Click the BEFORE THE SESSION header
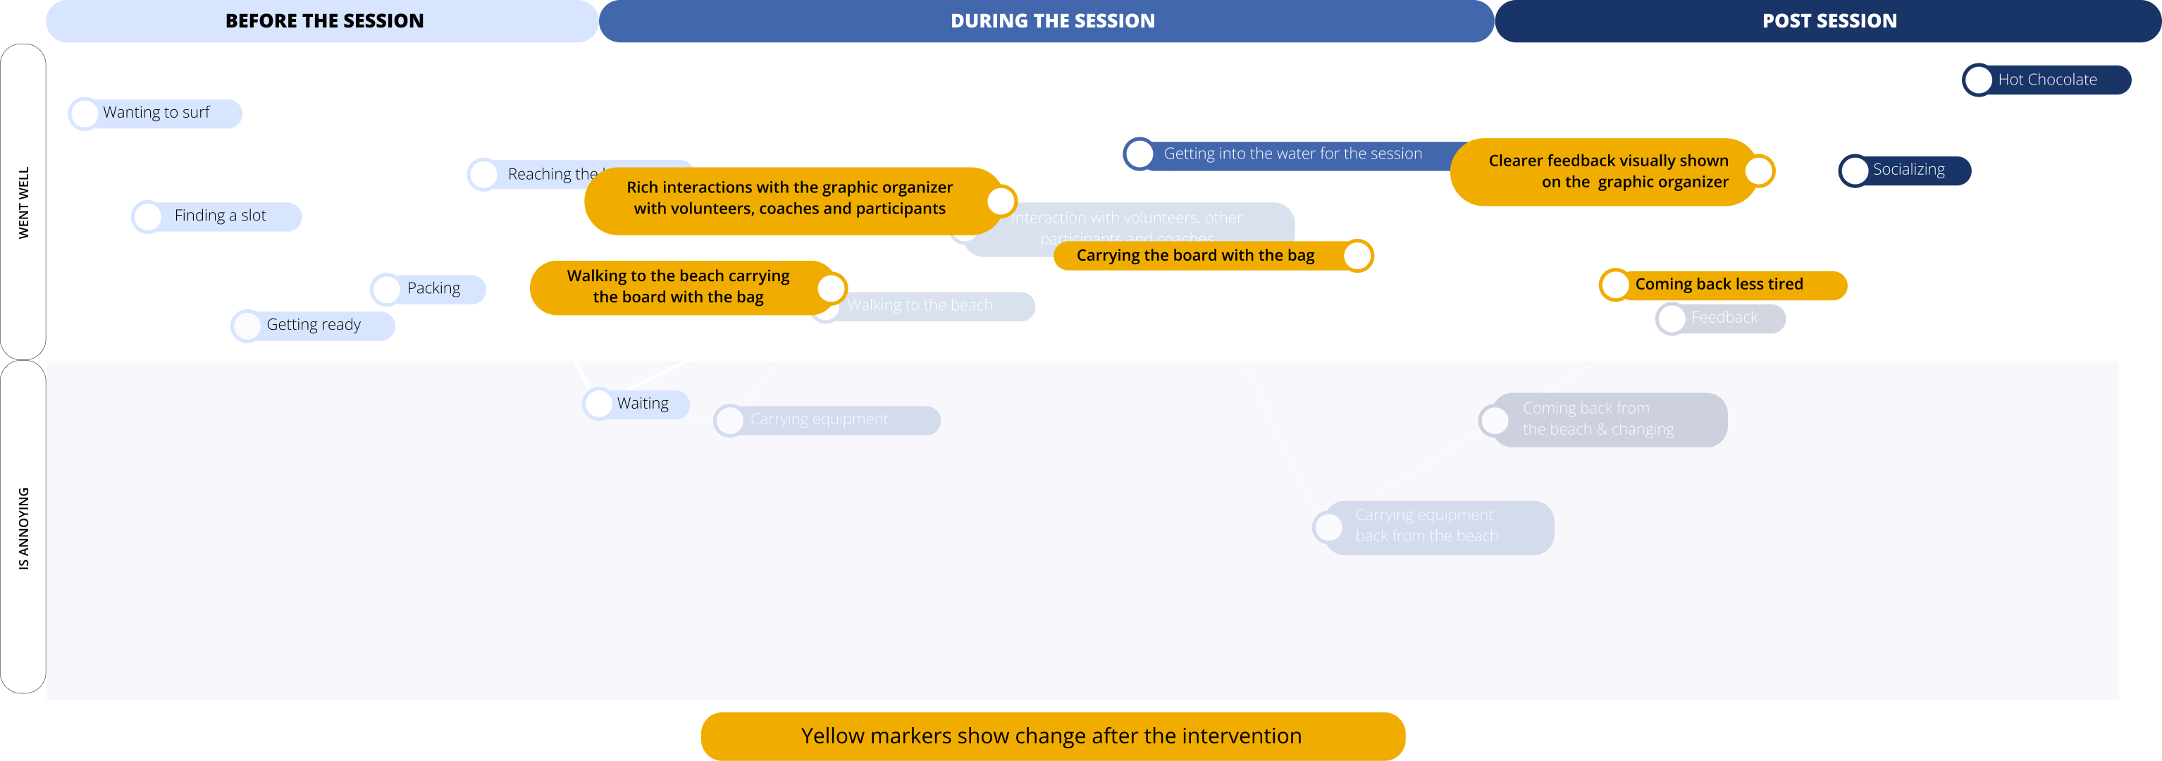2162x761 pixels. pyautogui.click(x=324, y=21)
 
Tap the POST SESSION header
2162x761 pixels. pyautogui.click(x=1829, y=21)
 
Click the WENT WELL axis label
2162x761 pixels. pyautogui.click(x=23, y=202)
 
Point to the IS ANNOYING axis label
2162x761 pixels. pyautogui.click(x=23, y=528)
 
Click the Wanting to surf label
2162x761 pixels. pyautogui.click(x=156, y=113)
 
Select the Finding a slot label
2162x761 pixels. pyautogui.click(x=220, y=216)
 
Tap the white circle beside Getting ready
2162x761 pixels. pyautogui.click(x=247, y=326)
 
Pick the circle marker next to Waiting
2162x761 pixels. pyautogui.click(x=598, y=404)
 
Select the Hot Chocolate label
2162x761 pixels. pyautogui.click(x=2046, y=80)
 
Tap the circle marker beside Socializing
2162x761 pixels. pyautogui.click(x=1854, y=171)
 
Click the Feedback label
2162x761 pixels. pyautogui.click(x=1724, y=317)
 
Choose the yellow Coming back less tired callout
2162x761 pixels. pyautogui.click(x=1719, y=285)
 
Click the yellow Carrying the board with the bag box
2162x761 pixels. pyautogui.click(x=1195, y=256)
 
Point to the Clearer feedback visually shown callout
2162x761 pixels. pyautogui.click(x=1607, y=171)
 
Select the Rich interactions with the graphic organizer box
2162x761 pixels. pyautogui.click(x=789, y=198)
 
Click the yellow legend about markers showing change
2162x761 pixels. pyautogui.click(x=1051, y=736)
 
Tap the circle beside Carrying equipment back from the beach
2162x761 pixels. pyautogui.click(x=1328, y=528)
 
